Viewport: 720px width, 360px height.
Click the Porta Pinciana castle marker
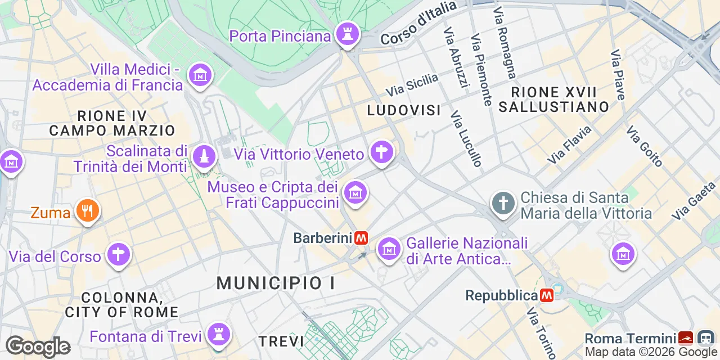pos(347,34)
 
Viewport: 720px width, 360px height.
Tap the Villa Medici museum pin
pos(200,75)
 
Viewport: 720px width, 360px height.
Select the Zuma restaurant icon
pos(87,211)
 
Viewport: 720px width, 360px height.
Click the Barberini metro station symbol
pos(361,238)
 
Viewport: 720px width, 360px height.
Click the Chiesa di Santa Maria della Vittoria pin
pos(503,203)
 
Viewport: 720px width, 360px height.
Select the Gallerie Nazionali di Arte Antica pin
pos(388,248)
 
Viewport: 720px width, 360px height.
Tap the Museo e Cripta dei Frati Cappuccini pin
pos(355,193)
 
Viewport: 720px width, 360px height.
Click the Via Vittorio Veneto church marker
pos(381,152)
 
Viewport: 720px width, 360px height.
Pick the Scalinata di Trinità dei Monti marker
pos(203,156)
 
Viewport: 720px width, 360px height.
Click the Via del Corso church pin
pos(118,255)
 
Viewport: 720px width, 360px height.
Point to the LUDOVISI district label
pos(404,110)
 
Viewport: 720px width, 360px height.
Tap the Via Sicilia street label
pos(412,84)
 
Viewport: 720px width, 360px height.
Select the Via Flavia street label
pos(569,145)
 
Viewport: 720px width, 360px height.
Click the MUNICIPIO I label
pos(276,283)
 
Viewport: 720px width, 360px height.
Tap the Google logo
pos(38,346)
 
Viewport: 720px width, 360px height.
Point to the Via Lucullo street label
pos(467,138)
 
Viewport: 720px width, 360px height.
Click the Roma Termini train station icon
pos(685,338)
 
